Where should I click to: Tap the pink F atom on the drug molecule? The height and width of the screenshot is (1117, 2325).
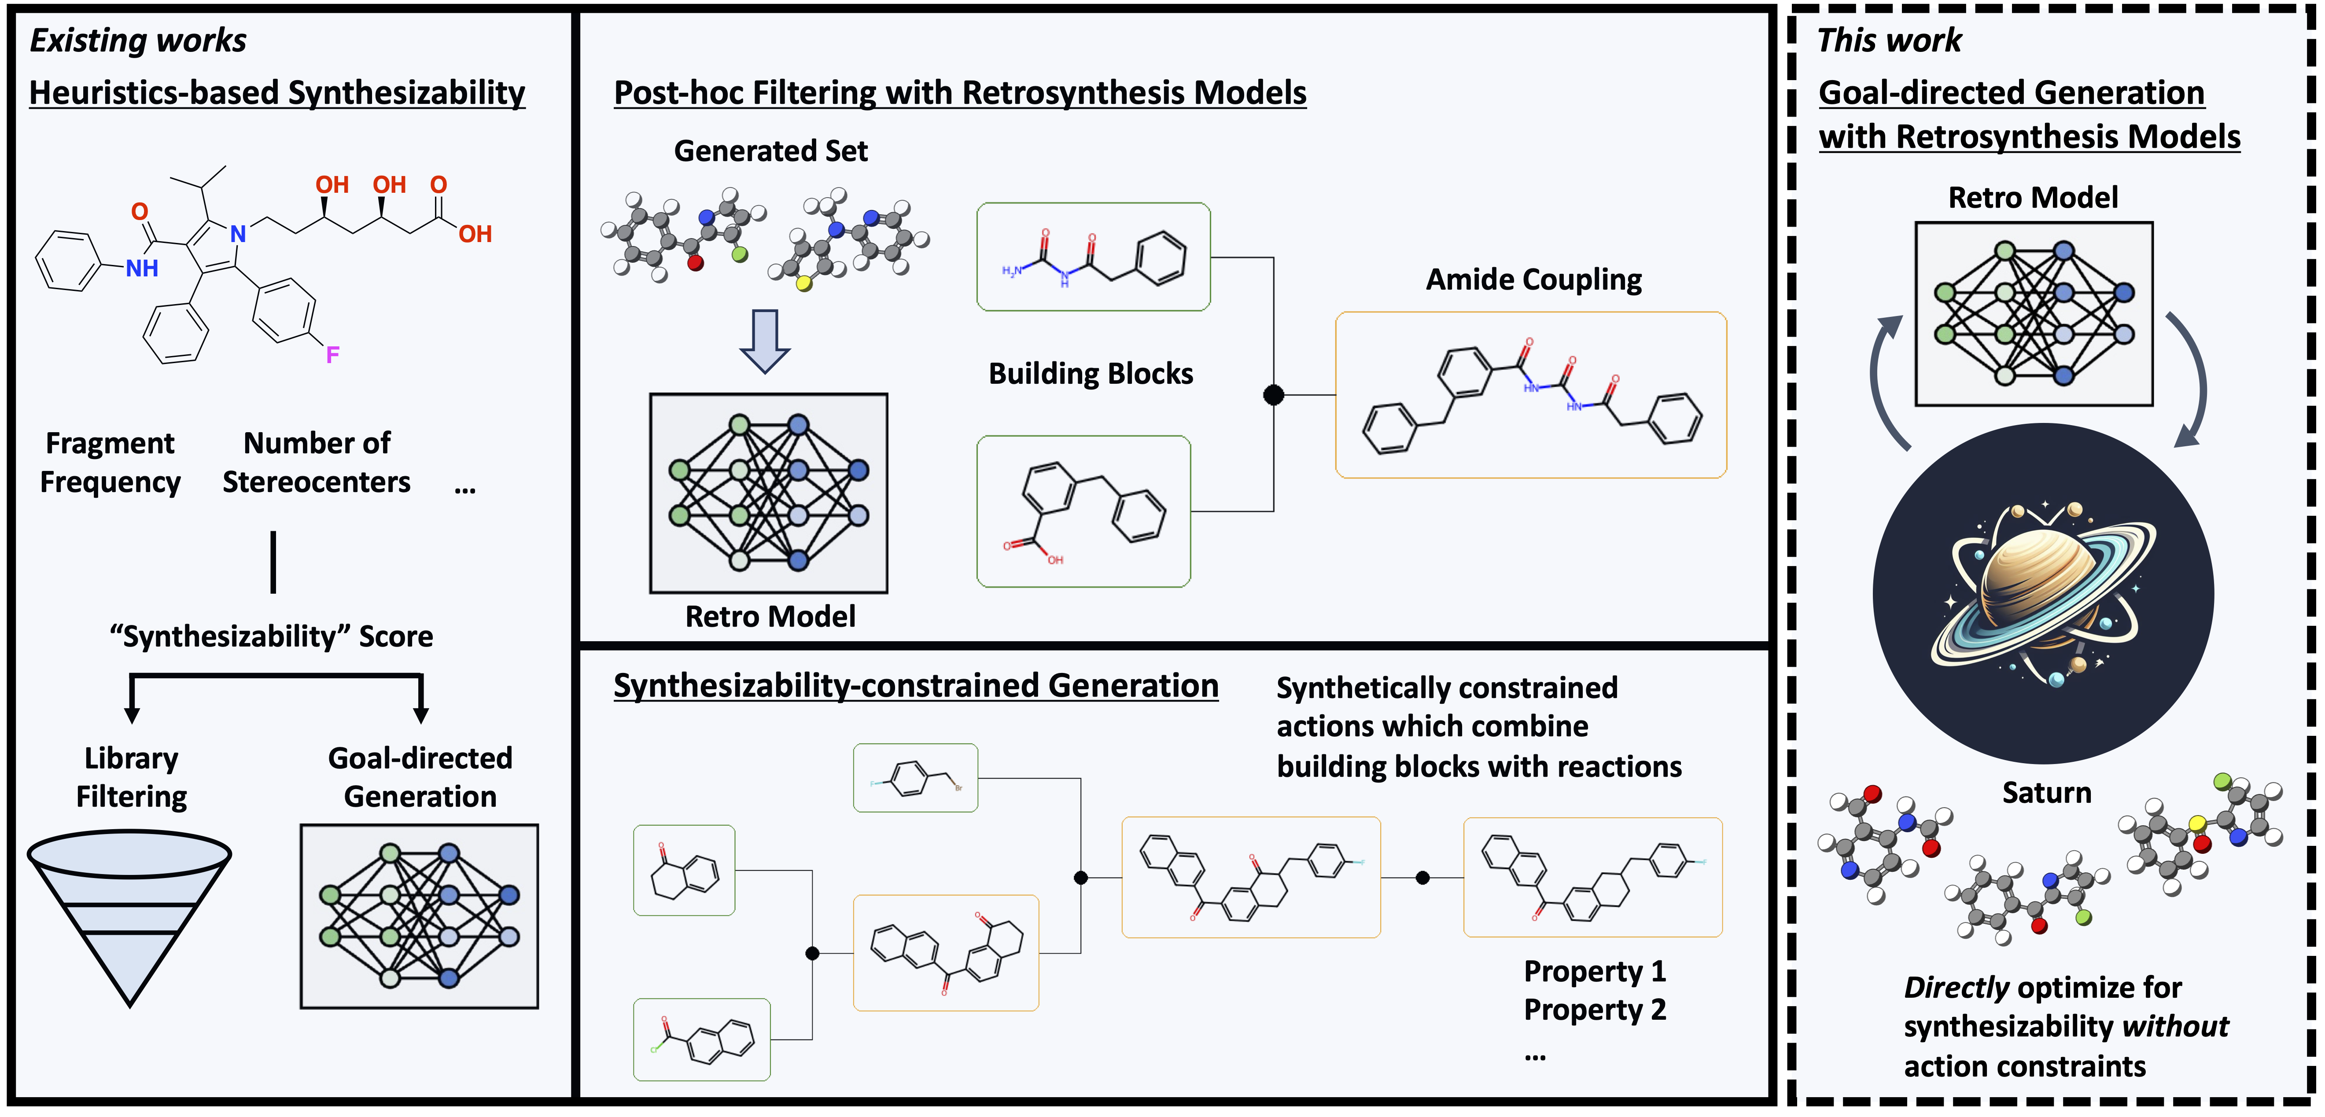332,355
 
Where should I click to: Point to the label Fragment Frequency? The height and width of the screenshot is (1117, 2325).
110,462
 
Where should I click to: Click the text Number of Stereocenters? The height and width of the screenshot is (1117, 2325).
317,462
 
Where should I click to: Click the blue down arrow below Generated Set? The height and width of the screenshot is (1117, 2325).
764,341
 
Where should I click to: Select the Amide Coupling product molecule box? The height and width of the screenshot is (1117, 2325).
1531,395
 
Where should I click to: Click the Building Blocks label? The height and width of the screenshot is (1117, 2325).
1090,374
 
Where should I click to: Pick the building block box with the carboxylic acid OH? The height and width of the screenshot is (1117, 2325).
1083,511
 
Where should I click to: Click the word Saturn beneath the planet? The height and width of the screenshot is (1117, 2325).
2046,792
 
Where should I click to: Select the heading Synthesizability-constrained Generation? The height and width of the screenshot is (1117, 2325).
915,686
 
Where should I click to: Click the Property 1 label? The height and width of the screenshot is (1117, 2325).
1594,971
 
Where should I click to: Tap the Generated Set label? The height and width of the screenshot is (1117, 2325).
771,151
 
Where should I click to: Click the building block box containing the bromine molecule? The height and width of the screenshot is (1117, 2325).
915,778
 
